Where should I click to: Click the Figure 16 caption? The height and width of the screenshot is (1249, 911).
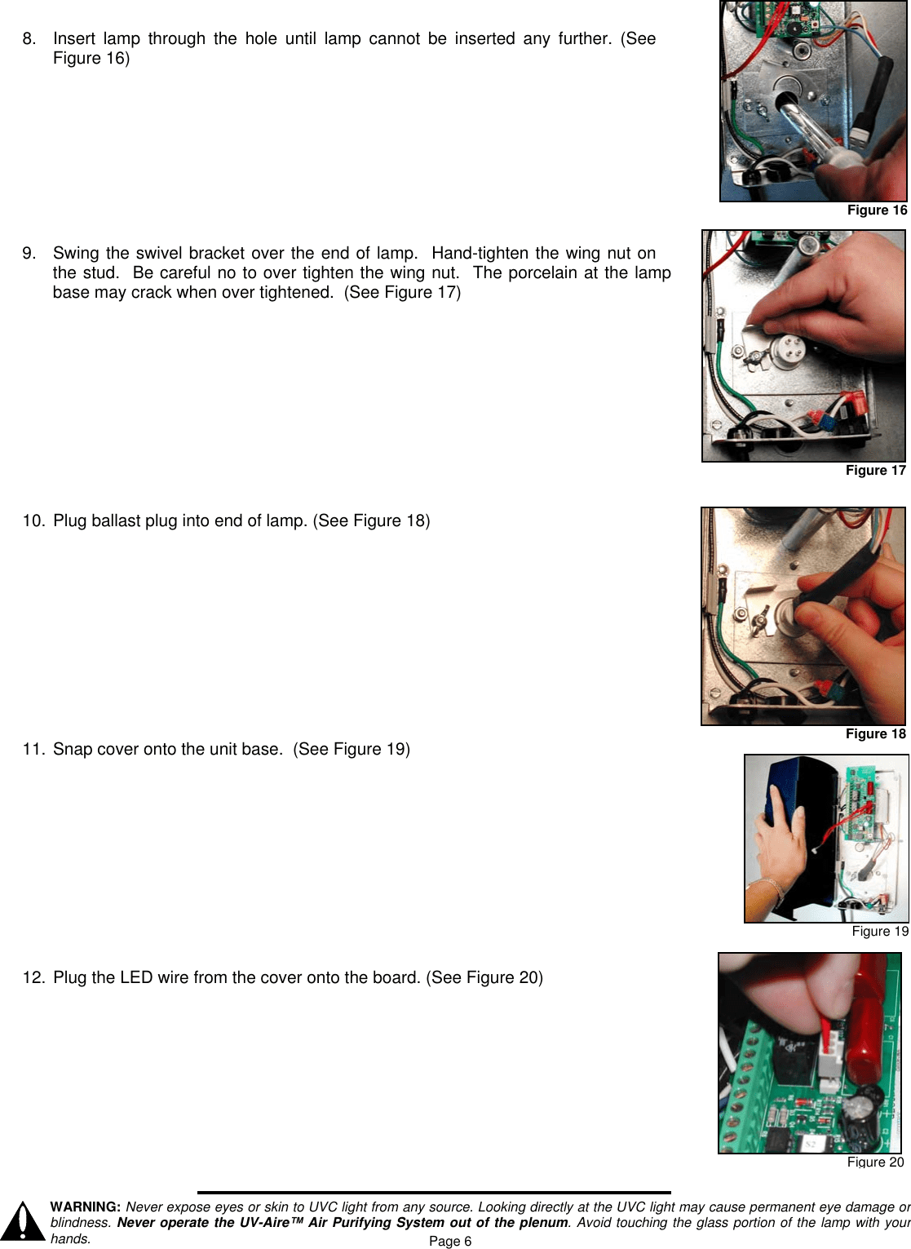pos(877,210)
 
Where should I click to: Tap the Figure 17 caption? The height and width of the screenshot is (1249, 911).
pos(875,471)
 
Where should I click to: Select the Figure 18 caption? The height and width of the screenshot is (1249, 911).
pos(875,733)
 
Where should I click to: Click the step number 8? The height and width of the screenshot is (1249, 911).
pos(29,38)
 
